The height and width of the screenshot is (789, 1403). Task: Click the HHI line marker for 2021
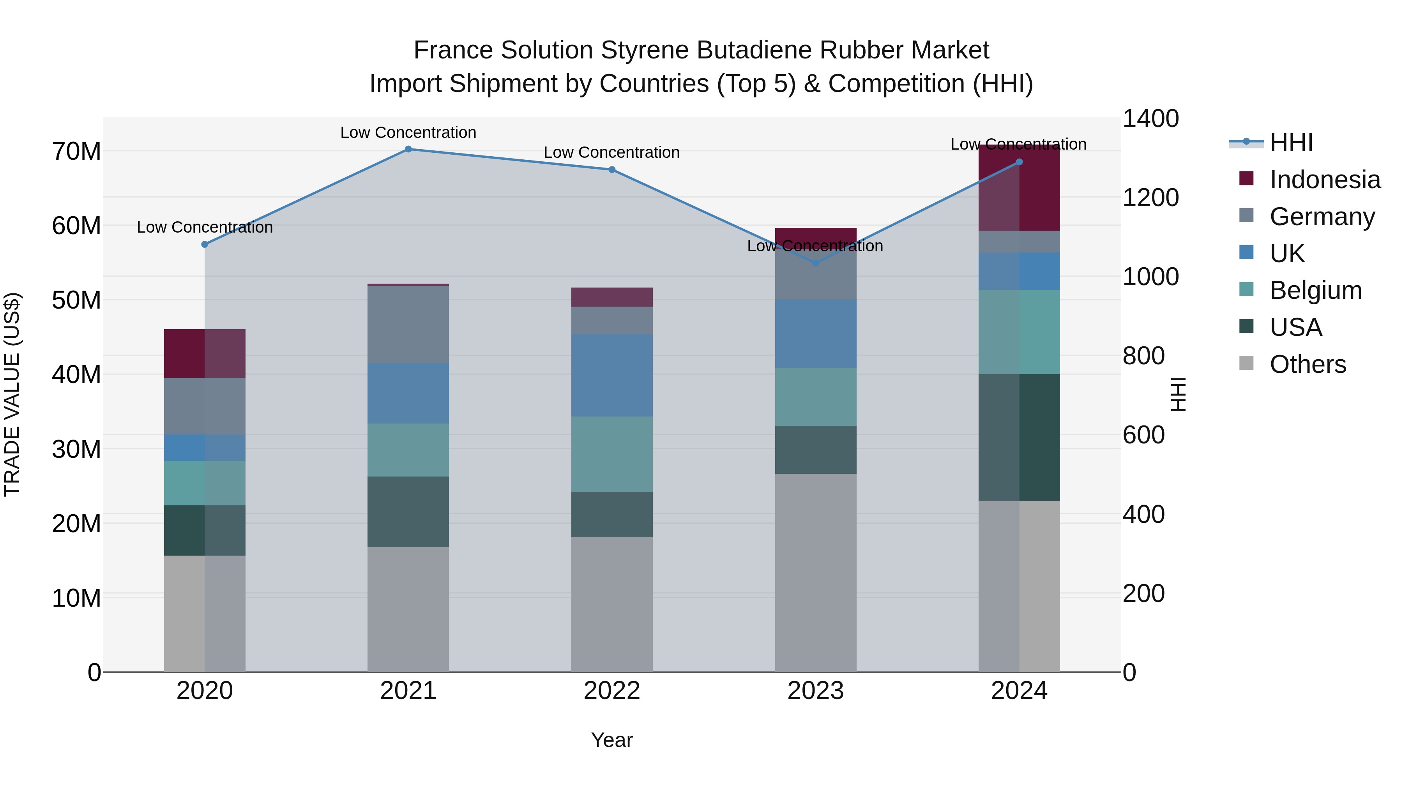408,149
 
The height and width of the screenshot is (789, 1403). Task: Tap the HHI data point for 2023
815,263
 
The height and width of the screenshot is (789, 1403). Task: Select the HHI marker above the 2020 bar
205,244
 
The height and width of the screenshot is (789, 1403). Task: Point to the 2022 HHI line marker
611,170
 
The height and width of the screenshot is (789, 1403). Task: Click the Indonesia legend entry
1325,180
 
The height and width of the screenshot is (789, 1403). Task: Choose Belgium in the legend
1315,290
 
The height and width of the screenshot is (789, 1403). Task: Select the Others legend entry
1307,364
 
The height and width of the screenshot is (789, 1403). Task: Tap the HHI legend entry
1291,143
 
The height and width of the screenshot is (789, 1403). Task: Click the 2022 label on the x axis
611,691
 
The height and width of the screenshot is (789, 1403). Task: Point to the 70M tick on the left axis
76,152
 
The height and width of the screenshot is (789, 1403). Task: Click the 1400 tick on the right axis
1150,119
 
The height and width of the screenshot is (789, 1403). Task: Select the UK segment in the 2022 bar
611,375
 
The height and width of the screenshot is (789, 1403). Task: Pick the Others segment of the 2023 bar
815,572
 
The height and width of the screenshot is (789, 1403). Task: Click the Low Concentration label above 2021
408,133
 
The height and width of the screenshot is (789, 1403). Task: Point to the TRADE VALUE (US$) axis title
12,394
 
